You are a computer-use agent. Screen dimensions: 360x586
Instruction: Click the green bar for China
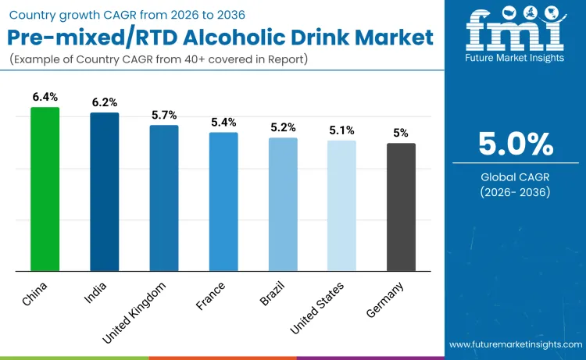[x=45, y=189]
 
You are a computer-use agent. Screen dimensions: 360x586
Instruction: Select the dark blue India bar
[x=104, y=192]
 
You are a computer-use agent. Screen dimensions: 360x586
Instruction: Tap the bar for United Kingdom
[x=164, y=198]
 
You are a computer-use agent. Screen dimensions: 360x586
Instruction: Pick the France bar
[x=223, y=202]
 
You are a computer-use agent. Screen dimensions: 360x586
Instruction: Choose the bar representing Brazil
[x=283, y=205]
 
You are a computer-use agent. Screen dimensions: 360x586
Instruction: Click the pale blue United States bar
[x=341, y=206]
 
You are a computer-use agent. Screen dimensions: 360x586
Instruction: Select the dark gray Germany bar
[x=401, y=207]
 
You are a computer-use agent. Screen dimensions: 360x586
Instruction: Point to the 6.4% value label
[x=45, y=97]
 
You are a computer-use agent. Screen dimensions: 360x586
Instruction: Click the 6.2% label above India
[x=104, y=102]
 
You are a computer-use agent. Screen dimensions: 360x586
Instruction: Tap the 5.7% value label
[x=164, y=115]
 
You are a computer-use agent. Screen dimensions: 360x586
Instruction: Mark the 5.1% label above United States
[x=341, y=130]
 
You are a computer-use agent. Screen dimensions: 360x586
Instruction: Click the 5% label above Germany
[x=401, y=133]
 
